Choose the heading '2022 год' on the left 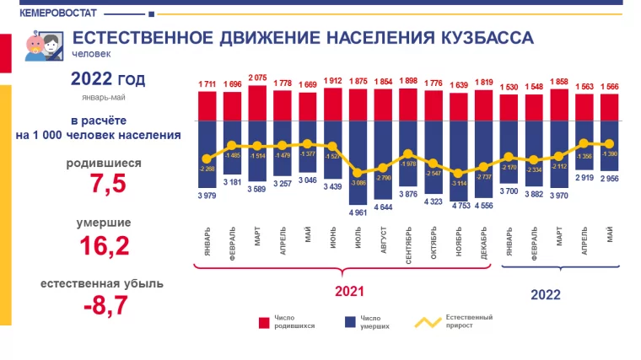[107, 80]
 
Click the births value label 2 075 [257, 78]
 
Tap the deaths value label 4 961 [358, 212]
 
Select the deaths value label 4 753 [459, 205]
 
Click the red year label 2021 [348, 291]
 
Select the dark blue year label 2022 [546, 295]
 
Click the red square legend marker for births [264, 322]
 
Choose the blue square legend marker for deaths [348, 322]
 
